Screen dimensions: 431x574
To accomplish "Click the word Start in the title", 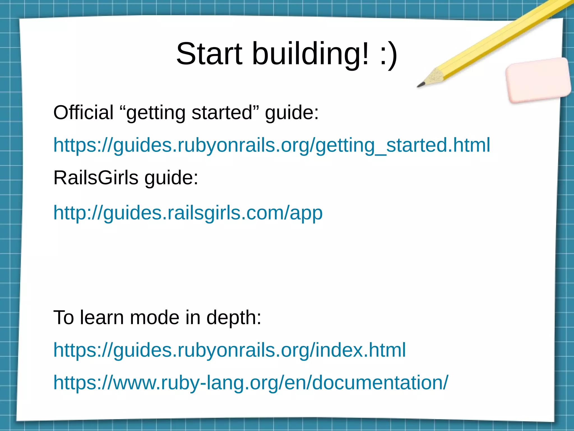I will pos(209,54).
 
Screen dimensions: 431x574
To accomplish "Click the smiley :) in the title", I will pos(388,54).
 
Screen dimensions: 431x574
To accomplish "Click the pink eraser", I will pos(538,80).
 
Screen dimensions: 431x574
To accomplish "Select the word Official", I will pos(83,113).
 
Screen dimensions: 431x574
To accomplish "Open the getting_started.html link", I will pos(272,145).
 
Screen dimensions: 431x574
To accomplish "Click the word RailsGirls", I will pos(96,178).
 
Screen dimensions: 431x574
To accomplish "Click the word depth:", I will pos(234,318).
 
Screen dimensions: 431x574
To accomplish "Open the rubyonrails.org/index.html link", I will pos(229,350).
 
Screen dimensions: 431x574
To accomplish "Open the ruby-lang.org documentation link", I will pos(251,383).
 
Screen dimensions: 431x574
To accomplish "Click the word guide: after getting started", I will pos(292,113).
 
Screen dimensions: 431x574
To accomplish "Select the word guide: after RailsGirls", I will pos(171,178).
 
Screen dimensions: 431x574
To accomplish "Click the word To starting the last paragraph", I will pos(64,318).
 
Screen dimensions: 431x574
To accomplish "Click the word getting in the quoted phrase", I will pos(156,113).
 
